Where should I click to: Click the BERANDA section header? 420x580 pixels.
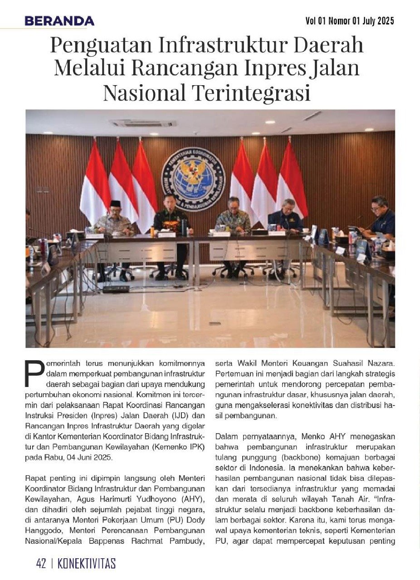(x=59, y=21)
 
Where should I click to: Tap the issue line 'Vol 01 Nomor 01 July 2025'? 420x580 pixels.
(x=350, y=21)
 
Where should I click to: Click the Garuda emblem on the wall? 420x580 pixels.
(x=193, y=173)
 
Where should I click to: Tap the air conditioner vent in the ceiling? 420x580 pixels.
(x=143, y=123)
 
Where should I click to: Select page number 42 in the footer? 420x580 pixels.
(x=41, y=563)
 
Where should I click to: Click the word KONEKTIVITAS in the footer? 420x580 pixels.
(x=87, y=563)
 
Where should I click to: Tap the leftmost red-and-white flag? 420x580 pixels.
(x=94, y=186)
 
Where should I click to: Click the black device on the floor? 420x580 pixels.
(x=116, y=289)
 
